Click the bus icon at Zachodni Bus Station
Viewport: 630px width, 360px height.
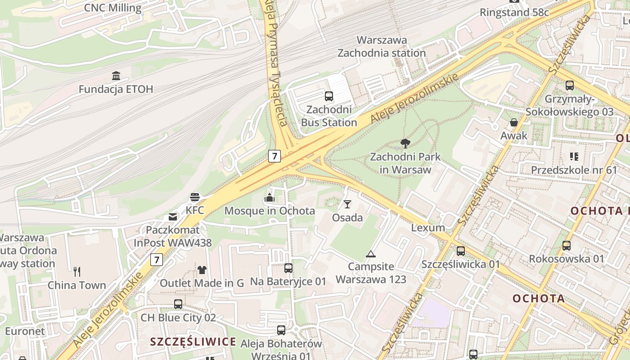(329, 96)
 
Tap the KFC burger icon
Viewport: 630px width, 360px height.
(195, 197)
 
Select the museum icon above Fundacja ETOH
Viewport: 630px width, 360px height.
(116, 75)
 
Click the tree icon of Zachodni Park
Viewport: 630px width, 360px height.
(405, 144)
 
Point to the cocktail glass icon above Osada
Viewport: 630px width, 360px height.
(347, 204)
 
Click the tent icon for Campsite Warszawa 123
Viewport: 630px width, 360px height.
(370, 254)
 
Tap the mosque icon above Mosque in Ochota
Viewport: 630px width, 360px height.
(270, 197)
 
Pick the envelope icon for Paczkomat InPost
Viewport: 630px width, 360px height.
(173, 217)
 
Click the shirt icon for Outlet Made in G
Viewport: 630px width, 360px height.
(202, 270)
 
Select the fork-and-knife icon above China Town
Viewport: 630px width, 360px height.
(77, 271)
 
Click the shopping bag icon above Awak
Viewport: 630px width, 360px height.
(514, 122)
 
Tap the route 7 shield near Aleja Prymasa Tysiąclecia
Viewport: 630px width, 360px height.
(274, 156)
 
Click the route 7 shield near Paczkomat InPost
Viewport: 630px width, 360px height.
(156, 260)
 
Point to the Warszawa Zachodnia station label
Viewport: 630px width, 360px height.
(382, 46)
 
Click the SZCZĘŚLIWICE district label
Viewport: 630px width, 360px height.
(193, 342)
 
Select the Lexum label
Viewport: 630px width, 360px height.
(428, 228)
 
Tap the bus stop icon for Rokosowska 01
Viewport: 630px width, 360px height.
(566, 246)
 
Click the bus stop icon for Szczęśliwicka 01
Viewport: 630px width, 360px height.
(460, 251)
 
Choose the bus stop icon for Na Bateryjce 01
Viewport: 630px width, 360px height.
(288, 268)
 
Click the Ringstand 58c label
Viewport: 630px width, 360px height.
(514, 12)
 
